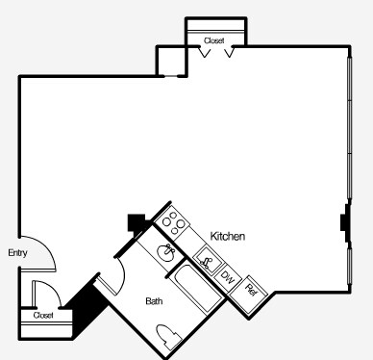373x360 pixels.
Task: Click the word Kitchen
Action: [229, 236]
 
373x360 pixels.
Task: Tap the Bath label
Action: [154, 301]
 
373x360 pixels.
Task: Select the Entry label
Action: [17, 253]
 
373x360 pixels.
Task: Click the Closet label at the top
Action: [214, 40]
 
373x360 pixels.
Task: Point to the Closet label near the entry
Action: [43, 315]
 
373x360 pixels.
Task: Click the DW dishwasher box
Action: [228, 277]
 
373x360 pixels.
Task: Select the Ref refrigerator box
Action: [251, 287]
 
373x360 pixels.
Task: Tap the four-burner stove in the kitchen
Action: [175, 223]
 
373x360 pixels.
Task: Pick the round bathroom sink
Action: [166, 253]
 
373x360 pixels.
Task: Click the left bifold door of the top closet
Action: [204, 51]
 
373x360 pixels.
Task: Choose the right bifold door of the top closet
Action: [230, 51]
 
